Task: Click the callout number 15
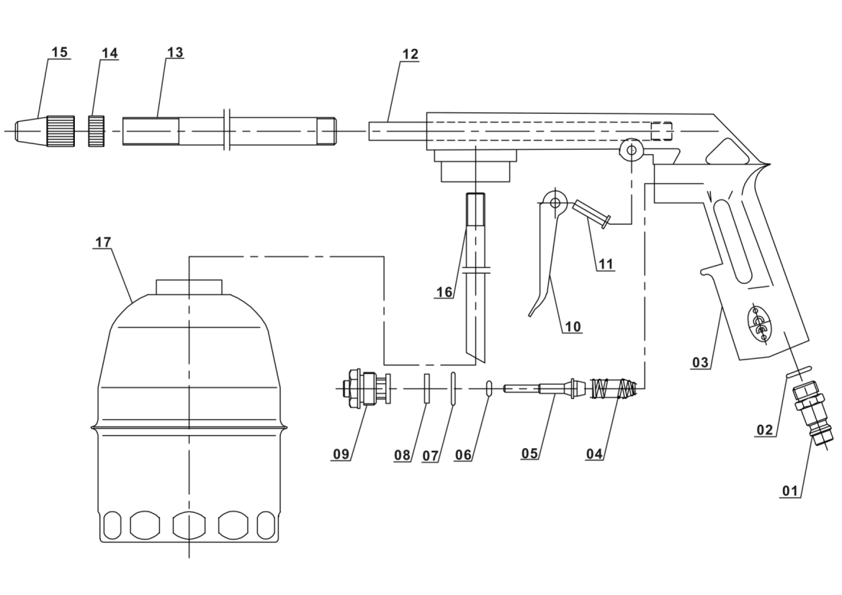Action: click(60, 52)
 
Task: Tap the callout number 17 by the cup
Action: click(102, 242)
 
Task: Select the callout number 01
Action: click(790, 491)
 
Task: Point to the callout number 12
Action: click(410, 54)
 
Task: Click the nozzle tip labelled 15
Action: click(45, 131)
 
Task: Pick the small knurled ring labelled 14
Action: click(96, 130)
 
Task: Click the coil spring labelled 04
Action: click(614, 389)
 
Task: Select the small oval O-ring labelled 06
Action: click(489, 388)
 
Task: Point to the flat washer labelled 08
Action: click(427, 388)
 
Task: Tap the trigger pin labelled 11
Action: click(591, 213)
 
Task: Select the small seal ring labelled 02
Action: click(799, 372)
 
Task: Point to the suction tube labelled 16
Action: click(475, 277)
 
